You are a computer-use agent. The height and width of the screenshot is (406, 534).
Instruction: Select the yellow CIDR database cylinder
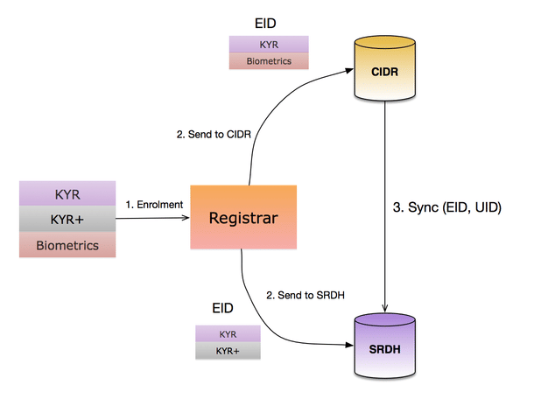coord(384,69)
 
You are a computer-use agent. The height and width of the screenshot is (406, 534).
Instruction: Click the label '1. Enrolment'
coord(153,205)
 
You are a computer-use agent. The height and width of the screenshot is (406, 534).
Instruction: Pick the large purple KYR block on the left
coord(67,192)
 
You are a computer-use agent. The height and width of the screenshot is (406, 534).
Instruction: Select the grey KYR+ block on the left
coord(67,219)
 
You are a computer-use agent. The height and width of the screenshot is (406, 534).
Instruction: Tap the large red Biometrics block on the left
coord(67,246)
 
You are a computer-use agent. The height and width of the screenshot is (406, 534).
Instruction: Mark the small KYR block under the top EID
coord(270,44)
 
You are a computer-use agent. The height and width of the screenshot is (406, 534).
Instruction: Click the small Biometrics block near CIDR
coord(270,61)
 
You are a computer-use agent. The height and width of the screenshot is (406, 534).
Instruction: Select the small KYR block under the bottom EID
coord(228,334)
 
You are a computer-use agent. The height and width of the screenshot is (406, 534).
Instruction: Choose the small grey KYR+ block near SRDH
coord(228,351)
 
